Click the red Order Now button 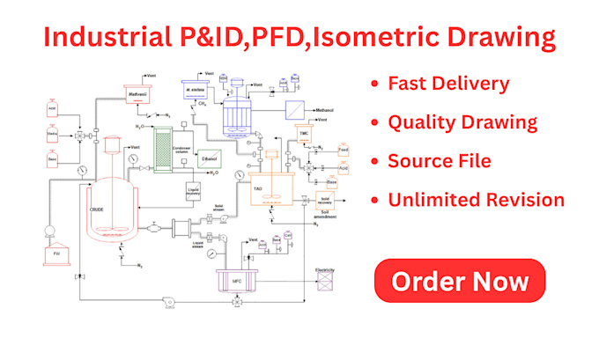coord(460,282)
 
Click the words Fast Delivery coord(448,84)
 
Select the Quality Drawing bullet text coord(462,123)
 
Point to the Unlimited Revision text coord(477,200)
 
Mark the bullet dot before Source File coord(376,162)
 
